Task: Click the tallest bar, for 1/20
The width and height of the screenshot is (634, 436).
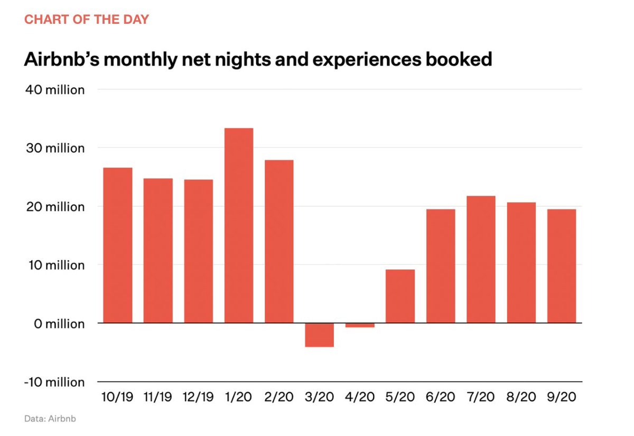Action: [239, 226]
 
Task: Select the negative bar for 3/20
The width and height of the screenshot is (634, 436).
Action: [320, 335]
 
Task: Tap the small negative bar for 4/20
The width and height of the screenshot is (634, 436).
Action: [360, 325]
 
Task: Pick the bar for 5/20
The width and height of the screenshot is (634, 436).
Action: [400, 296]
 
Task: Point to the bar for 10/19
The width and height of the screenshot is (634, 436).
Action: [117, 245]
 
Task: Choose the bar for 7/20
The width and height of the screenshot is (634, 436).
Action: [481, 259]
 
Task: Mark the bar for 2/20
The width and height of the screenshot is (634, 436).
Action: [279, 242]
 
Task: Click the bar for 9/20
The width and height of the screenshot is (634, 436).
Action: [562, 266]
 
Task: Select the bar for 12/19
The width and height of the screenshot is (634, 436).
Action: [198, 251]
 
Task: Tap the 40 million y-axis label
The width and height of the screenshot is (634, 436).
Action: [55, 90]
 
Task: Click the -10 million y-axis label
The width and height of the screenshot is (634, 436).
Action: [54, 382]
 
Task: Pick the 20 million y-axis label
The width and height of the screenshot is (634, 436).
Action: [55, 207]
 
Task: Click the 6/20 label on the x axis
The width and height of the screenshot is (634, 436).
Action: [441, 397]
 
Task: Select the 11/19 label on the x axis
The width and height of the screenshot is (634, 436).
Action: [157, 397]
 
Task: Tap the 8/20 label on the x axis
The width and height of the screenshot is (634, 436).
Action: [521, 397]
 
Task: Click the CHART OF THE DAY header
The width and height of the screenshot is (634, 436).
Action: [87, 20]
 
